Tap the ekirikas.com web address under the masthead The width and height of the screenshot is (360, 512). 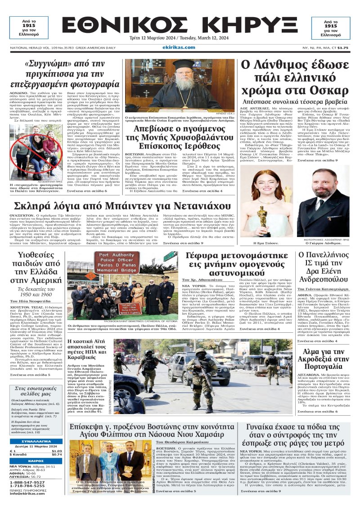click(x=180, y=47)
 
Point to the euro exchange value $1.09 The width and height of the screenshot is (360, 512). click(x=57, y=451)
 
